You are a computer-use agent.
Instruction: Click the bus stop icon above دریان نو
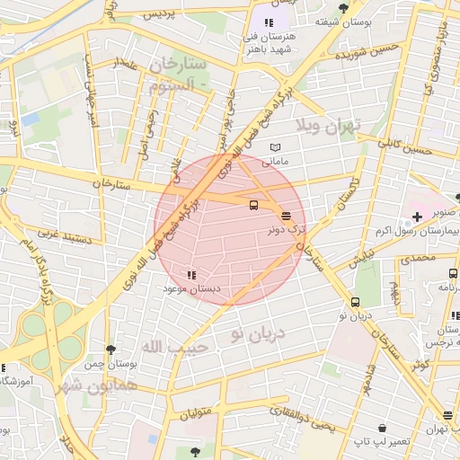pyautogui.click(x=356, y=303)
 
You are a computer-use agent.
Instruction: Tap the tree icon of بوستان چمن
pyautogui.click(x=110, y=350)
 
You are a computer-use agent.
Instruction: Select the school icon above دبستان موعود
pyautogui.click(x=190, y=275)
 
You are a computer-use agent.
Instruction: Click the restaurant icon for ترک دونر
pyautogui.click(x=286, y=216)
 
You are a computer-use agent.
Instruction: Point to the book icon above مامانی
pyautogui.click(x=275, y=148)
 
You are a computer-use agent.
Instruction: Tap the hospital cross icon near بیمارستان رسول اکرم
pyautogui.click(x=417, y=217)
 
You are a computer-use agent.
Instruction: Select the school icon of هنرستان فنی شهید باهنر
pyautogui.click(x=268, y=22)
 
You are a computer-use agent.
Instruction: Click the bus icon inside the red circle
pyautogui.click(x=253, y=205)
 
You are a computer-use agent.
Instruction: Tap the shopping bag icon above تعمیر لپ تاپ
pyautogui.click(x=383, y=429)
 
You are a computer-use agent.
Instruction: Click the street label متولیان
pyautogui.click(x=199, y=414)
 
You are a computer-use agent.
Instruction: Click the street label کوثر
pyautogui.click(x=420, y=365)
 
